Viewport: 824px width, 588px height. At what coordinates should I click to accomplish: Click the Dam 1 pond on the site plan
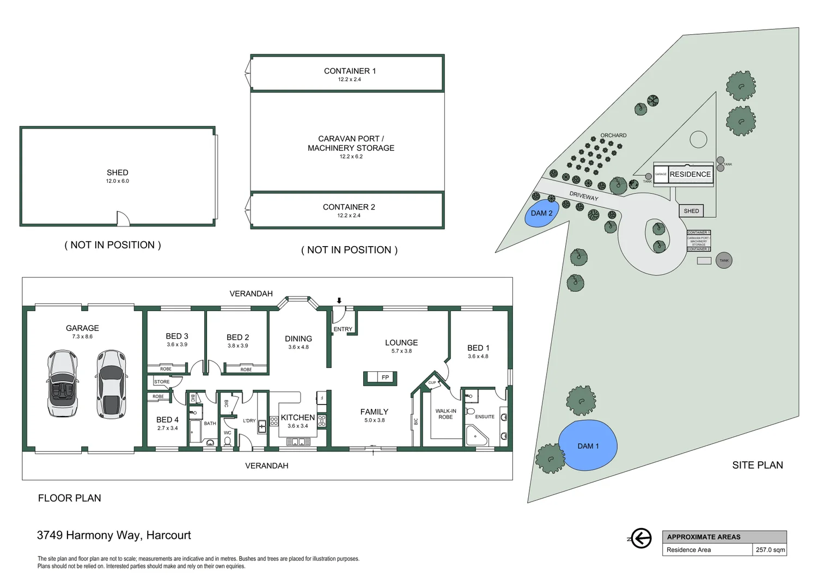(x=588, y=445)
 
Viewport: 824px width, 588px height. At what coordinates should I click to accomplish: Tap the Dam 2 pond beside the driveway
(x=541, y=213)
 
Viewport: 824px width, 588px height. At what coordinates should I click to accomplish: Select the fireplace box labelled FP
(x=380, y=377)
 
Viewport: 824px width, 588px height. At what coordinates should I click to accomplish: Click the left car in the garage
(x=63, y=383)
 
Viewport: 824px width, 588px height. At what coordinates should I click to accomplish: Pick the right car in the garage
(x=111, y=384)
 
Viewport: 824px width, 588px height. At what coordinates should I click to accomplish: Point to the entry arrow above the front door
(x=339, y=301)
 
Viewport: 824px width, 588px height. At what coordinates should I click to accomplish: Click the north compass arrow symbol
(x=641, y=538)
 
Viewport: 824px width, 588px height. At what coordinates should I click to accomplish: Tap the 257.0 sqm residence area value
(x=770, y=550)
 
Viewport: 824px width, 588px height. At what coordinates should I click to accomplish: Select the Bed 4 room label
(x=167, y=420)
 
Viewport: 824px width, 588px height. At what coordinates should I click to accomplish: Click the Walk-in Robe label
(x=445, y=414)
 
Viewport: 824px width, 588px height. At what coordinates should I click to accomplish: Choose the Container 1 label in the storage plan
(x=350, y=71)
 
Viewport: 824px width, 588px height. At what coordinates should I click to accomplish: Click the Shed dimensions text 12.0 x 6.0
(x=117, y=181)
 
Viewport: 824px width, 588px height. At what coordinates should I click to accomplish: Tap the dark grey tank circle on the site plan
(x=724, y=260)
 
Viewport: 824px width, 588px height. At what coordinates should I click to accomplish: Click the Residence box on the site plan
(x=690, y=174)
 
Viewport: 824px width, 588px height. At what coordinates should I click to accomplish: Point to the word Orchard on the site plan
(x=613, y=136)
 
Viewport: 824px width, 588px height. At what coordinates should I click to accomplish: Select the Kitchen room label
(x=297, y=418)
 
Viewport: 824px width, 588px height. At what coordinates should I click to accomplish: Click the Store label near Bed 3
(x=162, y=382)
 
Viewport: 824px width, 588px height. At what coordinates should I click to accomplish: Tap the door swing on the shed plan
(x=123, y=219)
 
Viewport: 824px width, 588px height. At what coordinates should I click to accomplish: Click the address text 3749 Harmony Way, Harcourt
(x=114, y=535)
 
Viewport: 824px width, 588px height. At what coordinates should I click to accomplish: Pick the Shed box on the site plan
(x=691, y=211)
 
